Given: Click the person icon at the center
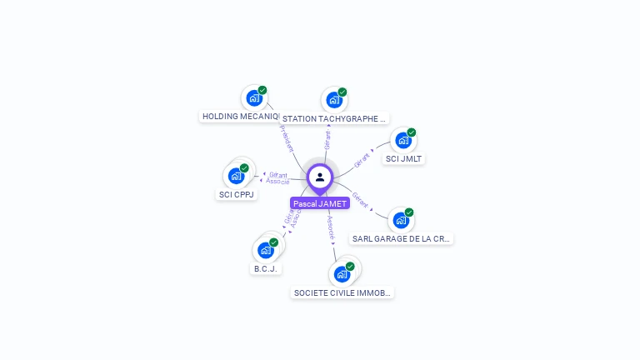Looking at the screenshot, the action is click(320, 177).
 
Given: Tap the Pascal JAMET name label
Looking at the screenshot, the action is click(320, 203).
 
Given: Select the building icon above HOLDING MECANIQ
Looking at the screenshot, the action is click(253, 98).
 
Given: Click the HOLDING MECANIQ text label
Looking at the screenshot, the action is click(240, 117).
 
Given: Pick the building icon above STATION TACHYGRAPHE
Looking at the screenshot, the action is click(334, 101).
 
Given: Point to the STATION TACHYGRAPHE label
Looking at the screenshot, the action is click(334, 119).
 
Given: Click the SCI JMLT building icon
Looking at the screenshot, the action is click(402, 141).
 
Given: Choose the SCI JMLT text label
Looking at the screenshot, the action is click(403, 158).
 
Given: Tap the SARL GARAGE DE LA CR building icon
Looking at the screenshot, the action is click(401, 220).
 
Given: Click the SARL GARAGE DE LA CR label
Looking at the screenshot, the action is click(402, 238).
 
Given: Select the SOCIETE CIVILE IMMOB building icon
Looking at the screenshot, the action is click(341, 274).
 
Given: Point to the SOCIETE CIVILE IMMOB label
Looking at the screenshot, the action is click(342, 292).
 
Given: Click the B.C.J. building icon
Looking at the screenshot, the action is click(265, 250).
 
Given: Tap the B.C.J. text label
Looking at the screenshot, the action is click(266, 268).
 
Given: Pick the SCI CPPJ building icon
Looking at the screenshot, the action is click(236, 176).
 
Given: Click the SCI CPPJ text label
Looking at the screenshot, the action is click(237, 194).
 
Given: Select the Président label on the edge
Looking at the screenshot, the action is click(286, 138).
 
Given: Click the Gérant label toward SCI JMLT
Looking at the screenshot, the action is click(362, 159).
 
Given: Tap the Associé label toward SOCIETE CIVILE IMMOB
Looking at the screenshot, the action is click(330, 227).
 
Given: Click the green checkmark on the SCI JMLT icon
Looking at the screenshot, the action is click(411, 132).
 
